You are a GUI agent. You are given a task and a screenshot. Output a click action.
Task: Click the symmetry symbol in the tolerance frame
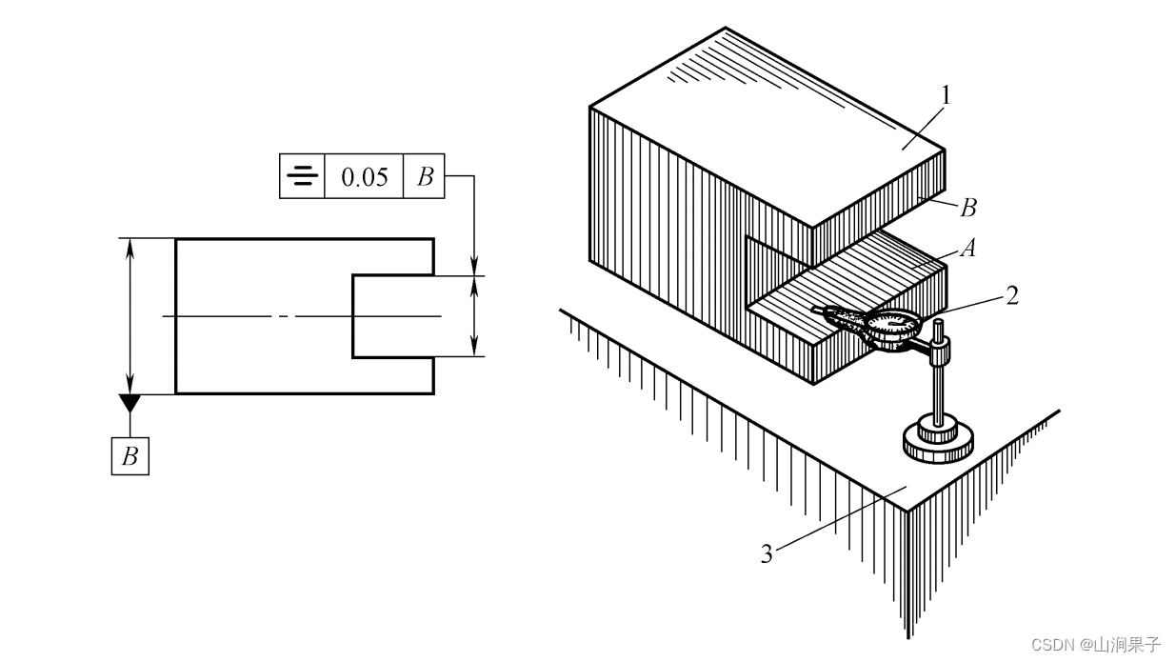coord(302,176)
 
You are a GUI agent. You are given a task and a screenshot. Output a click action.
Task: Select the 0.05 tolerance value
coord(365,177)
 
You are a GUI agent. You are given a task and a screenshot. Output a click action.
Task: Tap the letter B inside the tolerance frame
coord(426,177)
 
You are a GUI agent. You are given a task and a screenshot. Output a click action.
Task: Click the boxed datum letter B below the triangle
coord(130,456)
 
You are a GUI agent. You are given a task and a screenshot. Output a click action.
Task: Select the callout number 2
coord(1012,294)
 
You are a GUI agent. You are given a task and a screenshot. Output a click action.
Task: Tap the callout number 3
coord(767,553)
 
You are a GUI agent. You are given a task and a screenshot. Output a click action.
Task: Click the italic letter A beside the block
coord(968,249)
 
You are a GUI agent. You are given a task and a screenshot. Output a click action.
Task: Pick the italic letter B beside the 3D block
coord(968,207)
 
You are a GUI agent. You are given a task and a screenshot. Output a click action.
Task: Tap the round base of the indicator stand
coord(938,441)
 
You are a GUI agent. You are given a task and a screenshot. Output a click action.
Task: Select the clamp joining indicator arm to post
coord(938,355)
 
